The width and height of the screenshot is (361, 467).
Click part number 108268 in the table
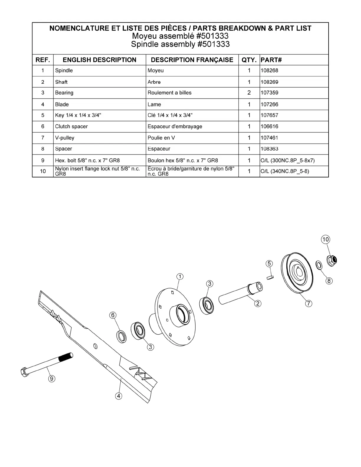coord(269,71)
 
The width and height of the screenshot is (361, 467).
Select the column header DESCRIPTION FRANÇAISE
coord(192,60)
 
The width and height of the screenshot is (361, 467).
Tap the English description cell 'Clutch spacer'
coord(71,126)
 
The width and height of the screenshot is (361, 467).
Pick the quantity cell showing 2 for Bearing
coord(249,93)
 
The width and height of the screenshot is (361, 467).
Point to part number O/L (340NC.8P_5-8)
coord(285,171)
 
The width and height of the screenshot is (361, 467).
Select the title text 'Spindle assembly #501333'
coord(180,45)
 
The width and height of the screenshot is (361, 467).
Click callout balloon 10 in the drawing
coord(325,239)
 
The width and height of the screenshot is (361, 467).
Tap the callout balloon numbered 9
coord(52,379)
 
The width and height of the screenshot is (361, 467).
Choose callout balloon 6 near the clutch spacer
coord(113,315)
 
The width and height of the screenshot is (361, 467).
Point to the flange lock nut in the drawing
coord(332,260)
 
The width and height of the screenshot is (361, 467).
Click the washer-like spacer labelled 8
coord(319,265)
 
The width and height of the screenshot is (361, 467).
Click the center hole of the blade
coord(95,346)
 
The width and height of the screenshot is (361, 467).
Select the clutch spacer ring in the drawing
coord(121,337)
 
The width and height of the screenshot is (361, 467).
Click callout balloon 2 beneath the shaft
coord(258,303)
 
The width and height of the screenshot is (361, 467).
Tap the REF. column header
coord(43,60)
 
